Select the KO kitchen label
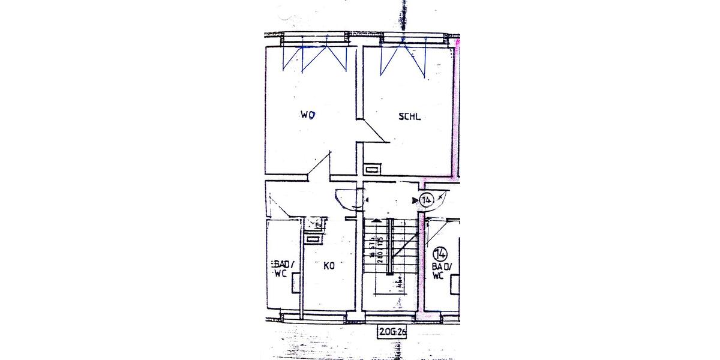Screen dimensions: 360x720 [x=329, y=266]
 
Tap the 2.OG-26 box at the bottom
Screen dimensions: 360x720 [x=392, y=331]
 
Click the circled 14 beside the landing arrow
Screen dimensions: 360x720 [x=427, y=200]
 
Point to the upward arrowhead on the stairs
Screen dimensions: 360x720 [x=376, y=221]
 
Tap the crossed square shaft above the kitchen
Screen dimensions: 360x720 [x=313, y=224]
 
